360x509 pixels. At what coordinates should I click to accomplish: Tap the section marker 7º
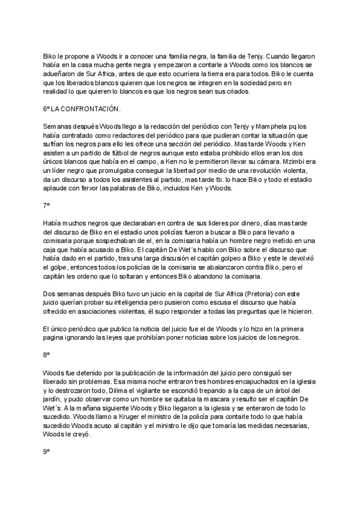click(x=46, y=205)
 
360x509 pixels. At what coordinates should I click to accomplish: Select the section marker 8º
click(x=46, y=355)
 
